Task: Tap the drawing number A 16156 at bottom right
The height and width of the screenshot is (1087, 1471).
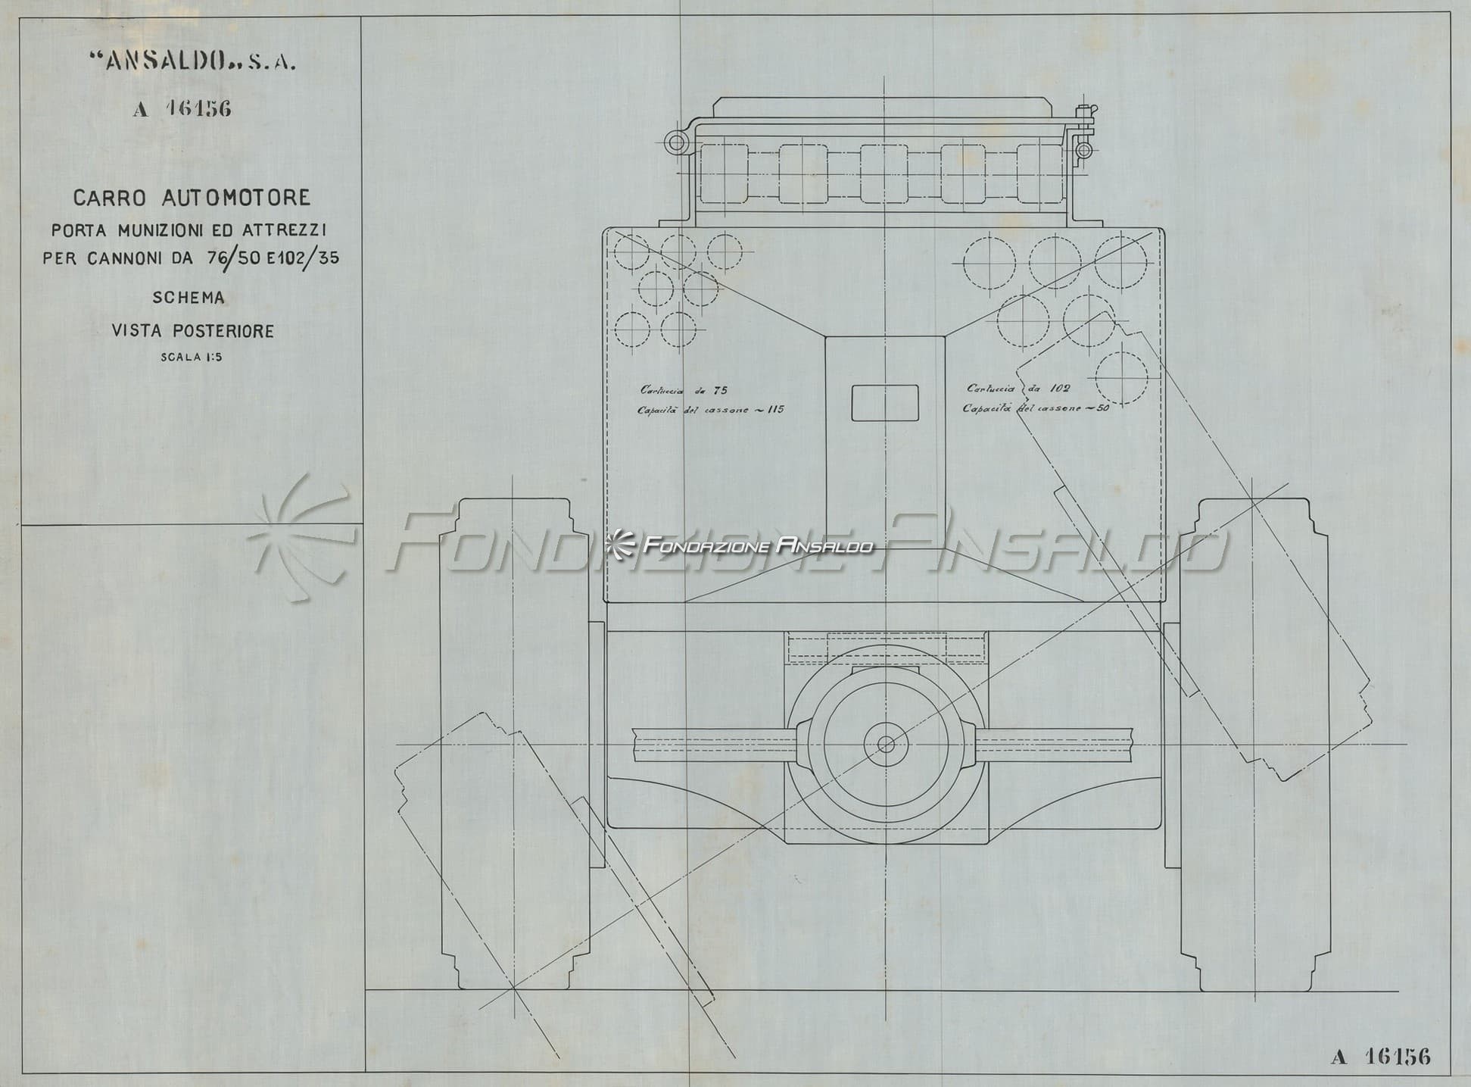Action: coord(1381,1057)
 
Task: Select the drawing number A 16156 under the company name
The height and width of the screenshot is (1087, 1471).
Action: coord(182,109)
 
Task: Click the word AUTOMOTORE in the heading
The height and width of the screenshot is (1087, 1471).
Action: coord(236,198)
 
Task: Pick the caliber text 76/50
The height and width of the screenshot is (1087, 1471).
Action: coord(233,258)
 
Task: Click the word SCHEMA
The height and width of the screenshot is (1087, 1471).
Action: coord(189,298)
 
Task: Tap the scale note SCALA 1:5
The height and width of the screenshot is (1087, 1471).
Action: coord(192,358)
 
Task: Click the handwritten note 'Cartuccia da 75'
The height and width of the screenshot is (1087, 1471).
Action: coord(684,390)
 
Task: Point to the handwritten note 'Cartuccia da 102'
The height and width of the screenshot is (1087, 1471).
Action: coord(1018,389)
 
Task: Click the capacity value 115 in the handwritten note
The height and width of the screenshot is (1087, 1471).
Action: coord(774,410)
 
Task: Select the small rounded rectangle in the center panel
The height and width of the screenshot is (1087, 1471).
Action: coord(885,402)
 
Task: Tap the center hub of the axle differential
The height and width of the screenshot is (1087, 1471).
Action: coord(886,745)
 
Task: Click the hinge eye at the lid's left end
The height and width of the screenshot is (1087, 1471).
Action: coord(675,142)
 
